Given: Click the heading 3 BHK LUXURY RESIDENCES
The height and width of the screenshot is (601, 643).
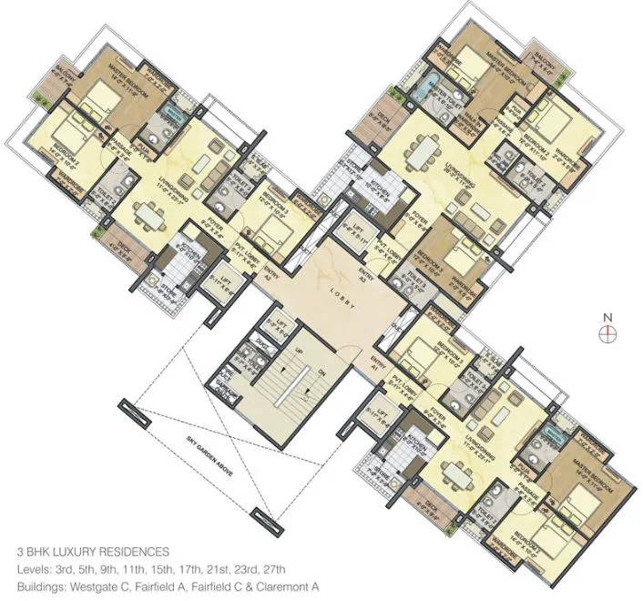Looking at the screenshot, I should tap(93, 552).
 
